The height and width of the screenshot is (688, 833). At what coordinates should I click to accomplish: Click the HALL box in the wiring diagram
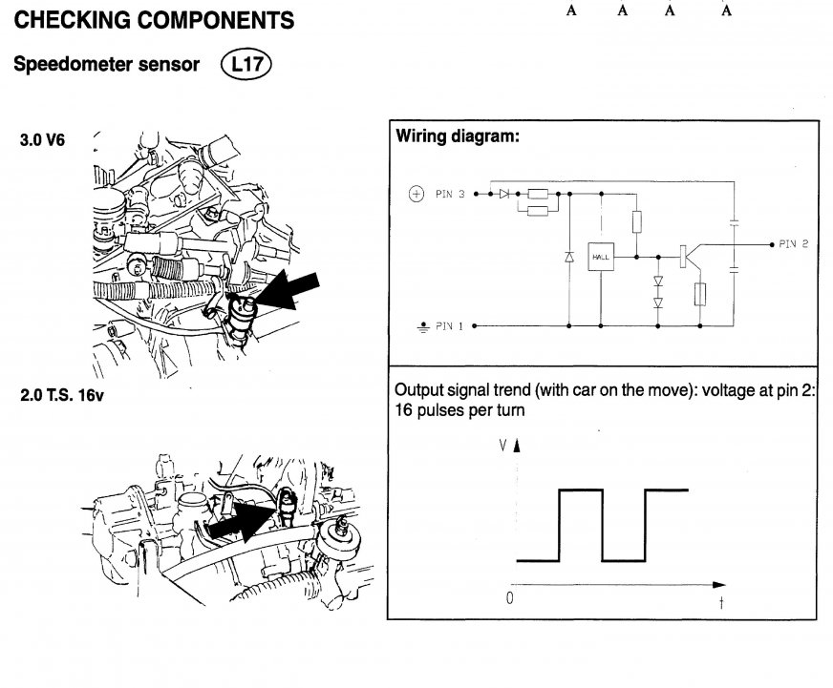[601, 258]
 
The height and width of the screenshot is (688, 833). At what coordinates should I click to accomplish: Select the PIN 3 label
[449, 195]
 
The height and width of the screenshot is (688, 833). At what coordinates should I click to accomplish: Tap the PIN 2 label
[793, 244]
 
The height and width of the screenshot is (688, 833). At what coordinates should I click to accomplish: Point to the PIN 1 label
[449, 325]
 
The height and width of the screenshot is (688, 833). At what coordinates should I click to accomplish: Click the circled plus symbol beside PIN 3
[416, 195]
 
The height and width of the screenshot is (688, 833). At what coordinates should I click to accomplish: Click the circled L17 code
[246, 64]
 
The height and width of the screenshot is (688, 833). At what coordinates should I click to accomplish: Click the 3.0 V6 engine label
[42, 139]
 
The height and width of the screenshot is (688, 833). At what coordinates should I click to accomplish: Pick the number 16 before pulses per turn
[402, 413]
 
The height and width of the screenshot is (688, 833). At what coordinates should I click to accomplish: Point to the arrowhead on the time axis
[719, 584]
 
